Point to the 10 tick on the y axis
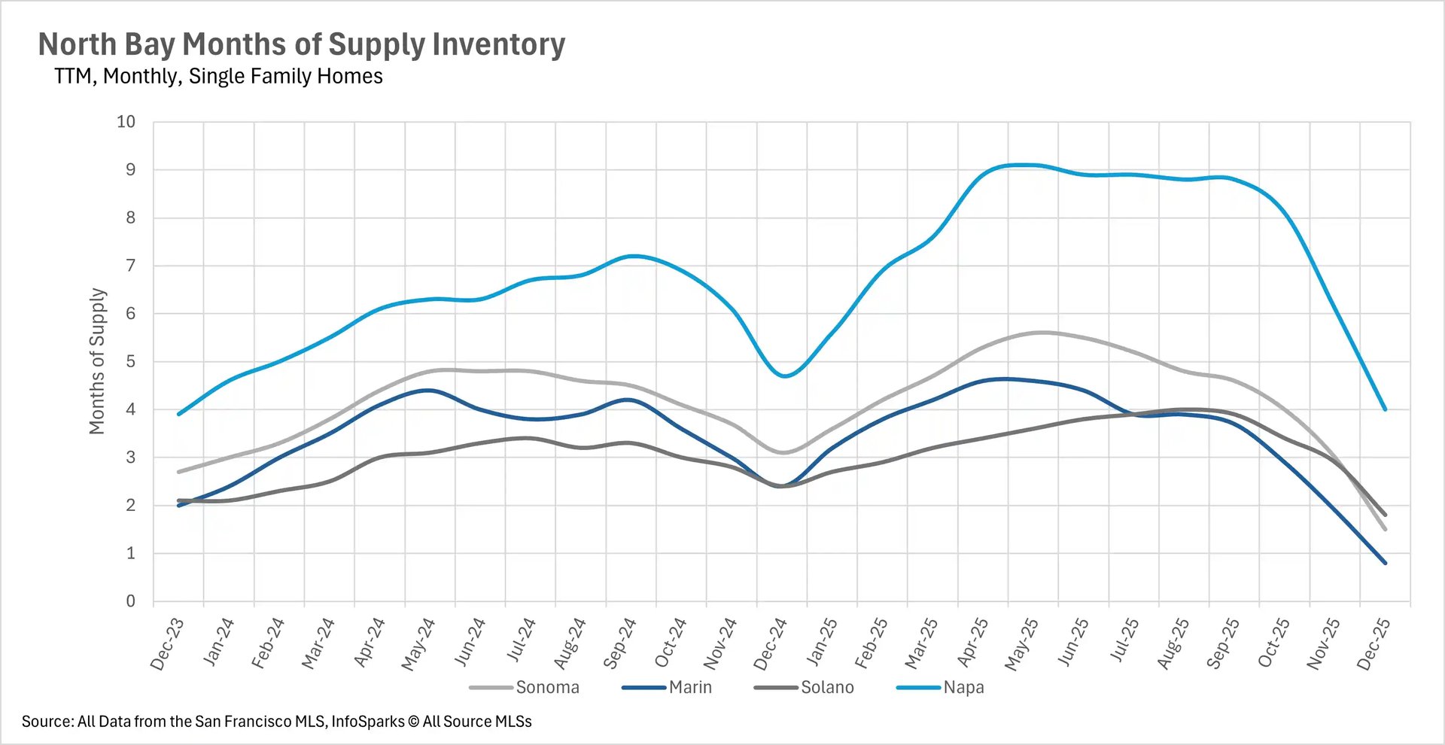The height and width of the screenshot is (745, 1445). click(x=126, y=122)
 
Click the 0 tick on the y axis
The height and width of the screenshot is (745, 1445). click(x=131, y=601)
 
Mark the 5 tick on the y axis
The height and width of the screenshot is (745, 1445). click(x=131, y=362)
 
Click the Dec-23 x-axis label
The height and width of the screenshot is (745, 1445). click(x=167, y=644)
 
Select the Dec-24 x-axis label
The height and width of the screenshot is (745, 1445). click(x=770, y=644)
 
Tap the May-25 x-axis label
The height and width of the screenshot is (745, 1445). click(x=1021, y=644)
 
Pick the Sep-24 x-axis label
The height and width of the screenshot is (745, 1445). click(x=619, y=644)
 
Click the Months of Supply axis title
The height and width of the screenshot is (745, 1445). click(x=97, y=361)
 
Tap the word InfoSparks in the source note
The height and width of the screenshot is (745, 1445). click(x=367, y=722)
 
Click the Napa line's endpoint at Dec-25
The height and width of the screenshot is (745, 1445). click(x=1385, y=409)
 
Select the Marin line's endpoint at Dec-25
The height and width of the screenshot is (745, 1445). click(x=1385, y=562)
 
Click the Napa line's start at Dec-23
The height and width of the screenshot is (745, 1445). click(x=178, y=414)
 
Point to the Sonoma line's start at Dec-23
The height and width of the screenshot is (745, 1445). click(x=178, y=472)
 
